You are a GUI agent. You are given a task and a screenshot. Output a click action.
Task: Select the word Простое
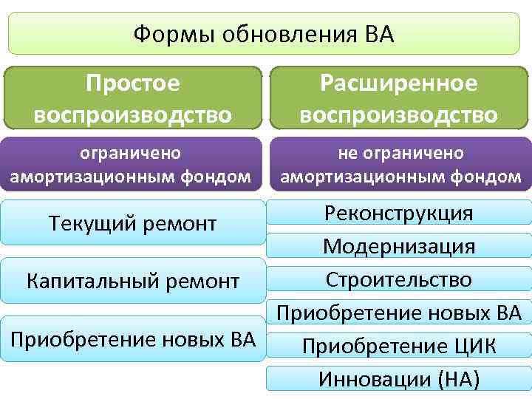point(133,83)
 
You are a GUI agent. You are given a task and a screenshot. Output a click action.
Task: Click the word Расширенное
point(398,83)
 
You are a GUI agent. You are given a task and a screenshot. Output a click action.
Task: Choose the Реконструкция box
point(398,214)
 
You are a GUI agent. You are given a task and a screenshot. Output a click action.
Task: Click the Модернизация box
point(398,246)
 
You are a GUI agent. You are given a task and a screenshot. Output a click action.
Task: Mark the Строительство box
point(398,279)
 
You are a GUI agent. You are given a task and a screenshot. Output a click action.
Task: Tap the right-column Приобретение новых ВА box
point(398,313)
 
